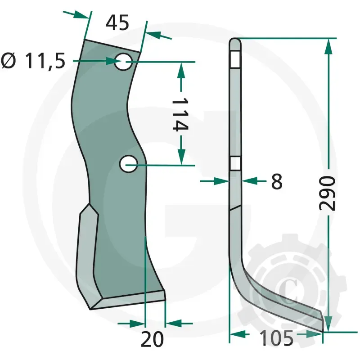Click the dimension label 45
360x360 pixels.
click(x=117, y=22)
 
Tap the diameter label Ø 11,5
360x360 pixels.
click(x=34, y=61)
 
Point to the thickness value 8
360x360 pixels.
click(x=277, y=182)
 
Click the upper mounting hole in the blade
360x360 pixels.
click(x=123, y=62)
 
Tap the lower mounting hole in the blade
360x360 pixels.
click(x=128, y=164)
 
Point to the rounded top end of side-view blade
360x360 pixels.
click(x=235, y=43)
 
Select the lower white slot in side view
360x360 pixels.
click(x=235, y=163)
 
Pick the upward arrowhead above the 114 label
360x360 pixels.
click(x=181, y=70)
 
